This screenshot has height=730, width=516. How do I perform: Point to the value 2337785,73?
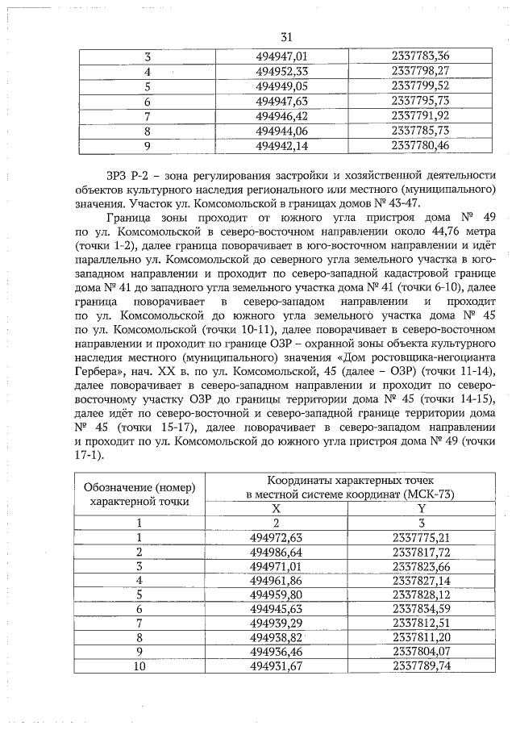[419, 131]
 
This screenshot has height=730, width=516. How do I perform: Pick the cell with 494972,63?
[276, 537]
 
